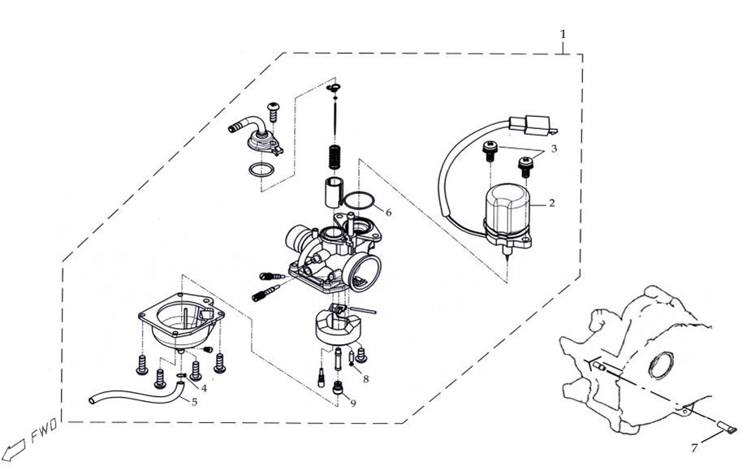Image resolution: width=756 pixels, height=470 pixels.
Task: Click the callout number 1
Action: tap(562, 35)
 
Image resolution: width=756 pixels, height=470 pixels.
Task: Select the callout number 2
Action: tap(551, 203)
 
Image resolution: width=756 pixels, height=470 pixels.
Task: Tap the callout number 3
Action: tap(553, 149)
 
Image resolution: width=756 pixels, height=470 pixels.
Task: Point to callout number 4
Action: tap(204, 388)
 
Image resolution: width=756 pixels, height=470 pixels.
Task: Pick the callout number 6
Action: tap(388, 213)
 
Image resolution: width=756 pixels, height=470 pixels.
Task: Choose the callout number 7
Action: tap(694, 447)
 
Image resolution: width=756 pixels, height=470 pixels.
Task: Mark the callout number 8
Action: tap(366, 379)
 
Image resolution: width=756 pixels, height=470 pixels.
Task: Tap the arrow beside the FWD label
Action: tap(12, 451)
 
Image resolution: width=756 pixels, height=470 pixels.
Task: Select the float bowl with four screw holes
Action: tap(180, 321)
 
